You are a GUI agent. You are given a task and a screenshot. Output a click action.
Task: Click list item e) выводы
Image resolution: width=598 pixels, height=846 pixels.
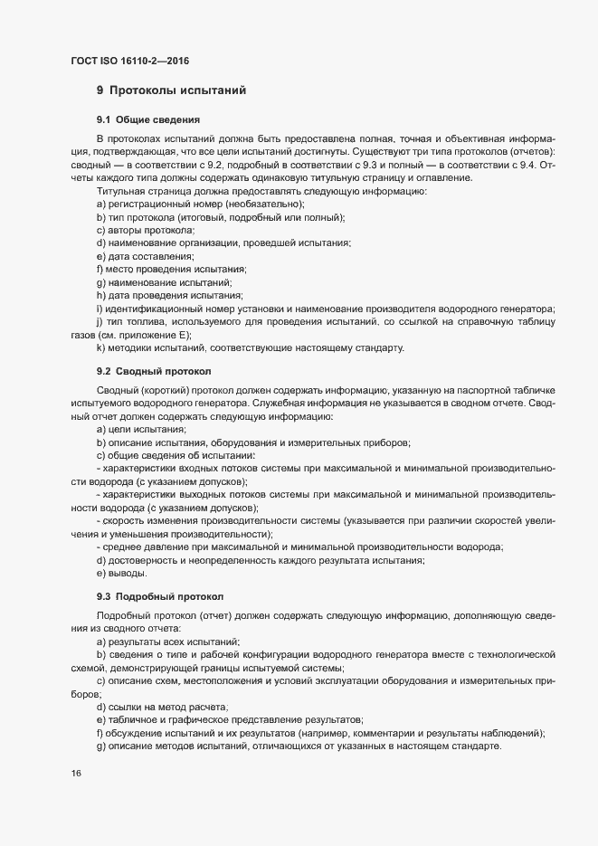coord(124,575)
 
